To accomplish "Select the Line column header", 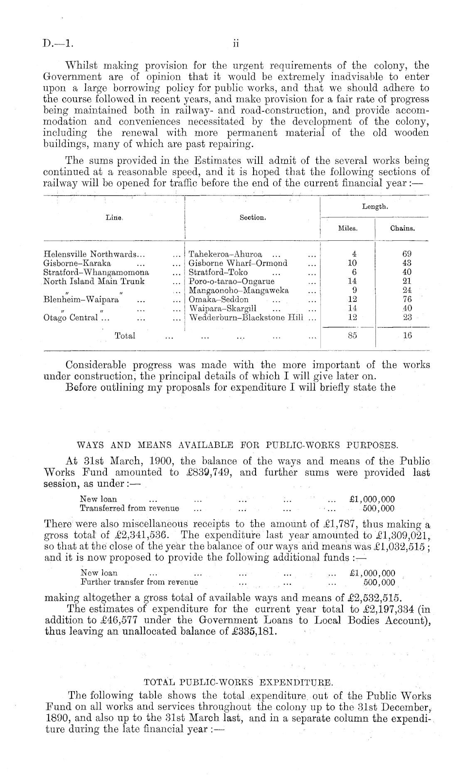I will coord(113,217).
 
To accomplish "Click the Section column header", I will coord(253,217).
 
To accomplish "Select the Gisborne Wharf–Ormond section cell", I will coord(238,263).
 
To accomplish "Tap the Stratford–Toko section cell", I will coord(218,272).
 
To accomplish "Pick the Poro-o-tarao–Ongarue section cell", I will coord(231,282).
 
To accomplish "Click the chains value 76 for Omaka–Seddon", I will coord(407,299).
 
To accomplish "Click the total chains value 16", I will coord(407,336).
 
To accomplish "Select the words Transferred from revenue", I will coord(129,508).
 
